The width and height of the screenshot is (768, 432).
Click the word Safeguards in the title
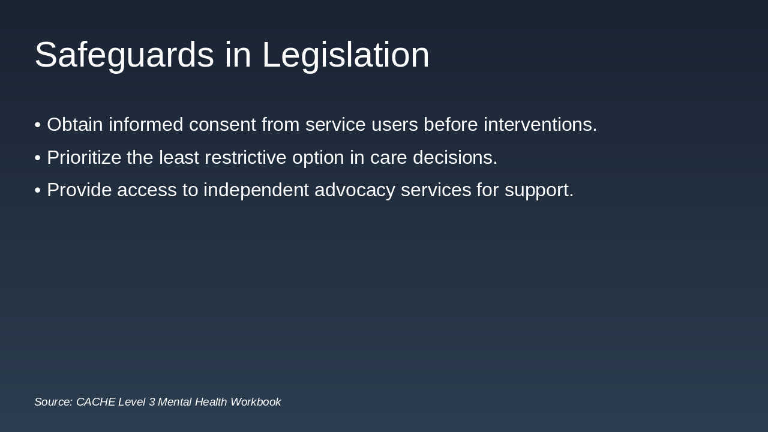point(124,55)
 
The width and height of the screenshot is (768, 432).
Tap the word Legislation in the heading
point(346,55)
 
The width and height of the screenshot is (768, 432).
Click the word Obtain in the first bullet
point(75,125)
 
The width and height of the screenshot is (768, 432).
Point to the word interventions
point(540,125)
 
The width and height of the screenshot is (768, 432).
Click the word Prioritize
point(84,158)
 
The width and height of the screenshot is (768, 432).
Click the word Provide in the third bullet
point(79,190)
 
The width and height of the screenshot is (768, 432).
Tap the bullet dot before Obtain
point(37,125)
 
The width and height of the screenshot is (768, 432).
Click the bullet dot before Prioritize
point(37,158)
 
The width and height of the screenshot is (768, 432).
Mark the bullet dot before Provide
point(37,190)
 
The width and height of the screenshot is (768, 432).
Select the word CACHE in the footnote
point(95,402)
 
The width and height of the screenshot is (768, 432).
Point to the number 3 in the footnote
point(152,402)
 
